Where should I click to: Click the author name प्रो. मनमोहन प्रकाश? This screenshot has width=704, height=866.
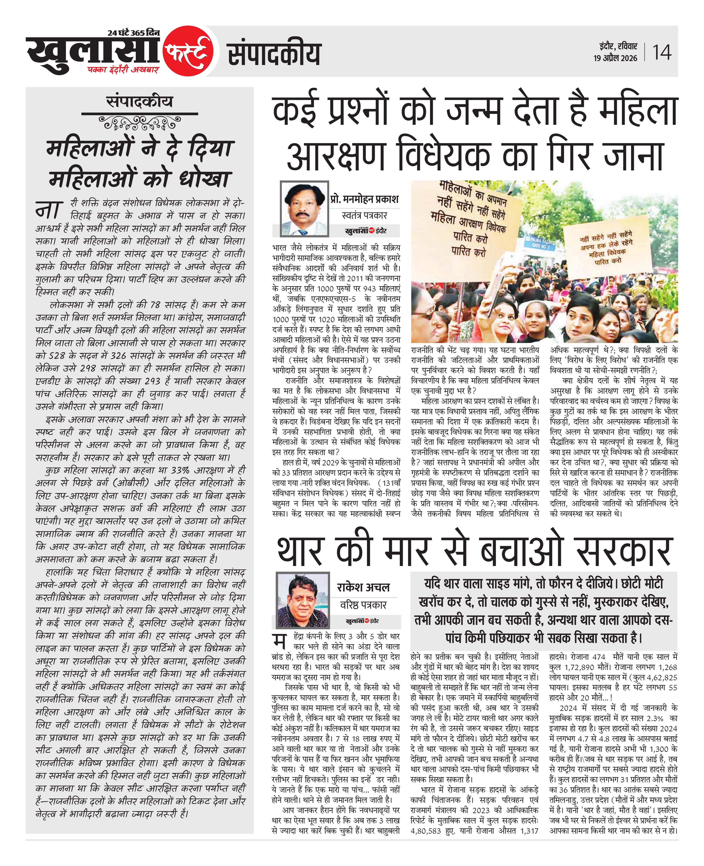click(364, 199)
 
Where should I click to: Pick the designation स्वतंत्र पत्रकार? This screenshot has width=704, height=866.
click(364, 215)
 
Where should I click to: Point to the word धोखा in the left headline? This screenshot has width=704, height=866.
click(205, 179)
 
